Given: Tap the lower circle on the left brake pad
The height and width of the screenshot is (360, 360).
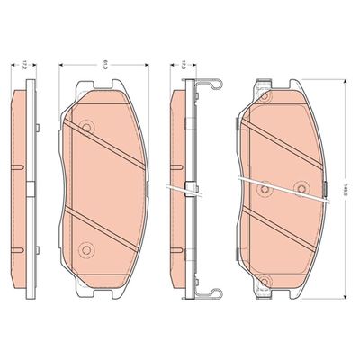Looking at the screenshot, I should [86, 248].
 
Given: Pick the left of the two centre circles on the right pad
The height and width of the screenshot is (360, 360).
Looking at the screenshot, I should [264, 189].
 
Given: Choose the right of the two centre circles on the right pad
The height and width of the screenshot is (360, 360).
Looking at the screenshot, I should [301, 188].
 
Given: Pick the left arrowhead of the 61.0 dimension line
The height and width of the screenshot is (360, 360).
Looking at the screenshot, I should [60, 67].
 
